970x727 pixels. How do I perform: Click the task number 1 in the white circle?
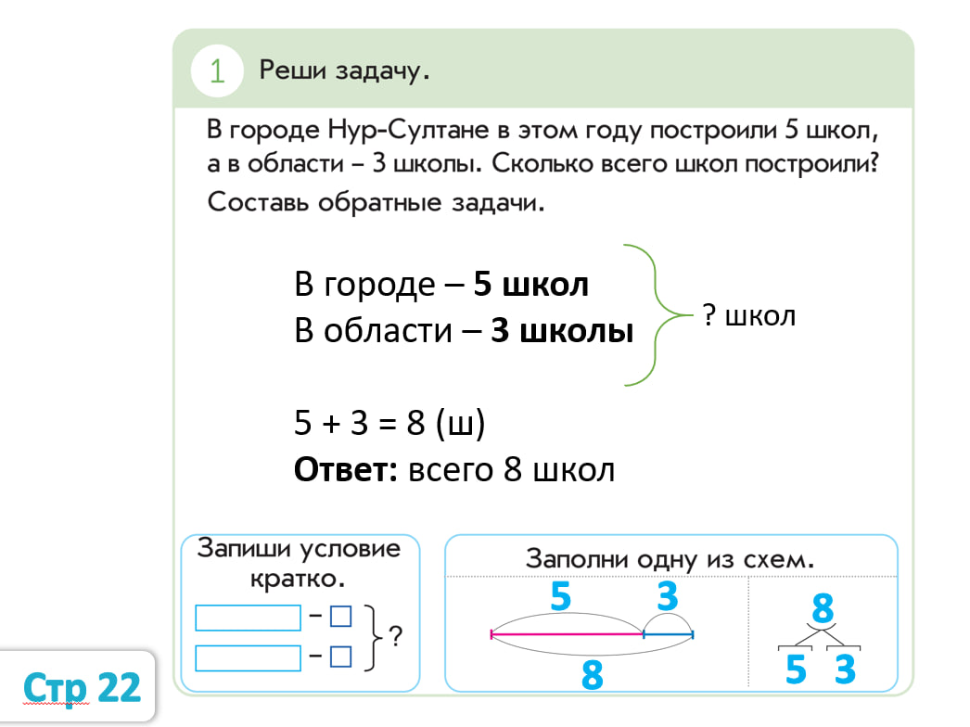coord(217,71)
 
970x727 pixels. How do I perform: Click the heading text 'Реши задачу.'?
coord(344,70)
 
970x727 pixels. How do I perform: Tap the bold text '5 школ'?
coord(530,285)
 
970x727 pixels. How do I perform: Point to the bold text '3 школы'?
coord(562,331)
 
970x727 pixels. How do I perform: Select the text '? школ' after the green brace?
coord(748,315)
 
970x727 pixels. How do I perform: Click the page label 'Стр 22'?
coord(83,687)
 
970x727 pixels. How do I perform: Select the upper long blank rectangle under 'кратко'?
coord(248,618)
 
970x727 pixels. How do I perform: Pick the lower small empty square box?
coord(341,657)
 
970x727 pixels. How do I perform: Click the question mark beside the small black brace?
coord(396,637)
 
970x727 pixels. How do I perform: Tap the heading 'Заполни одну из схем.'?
coord(670,559)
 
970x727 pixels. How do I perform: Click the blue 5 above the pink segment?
coord(560,596)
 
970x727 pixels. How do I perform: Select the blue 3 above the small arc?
coord(668,596)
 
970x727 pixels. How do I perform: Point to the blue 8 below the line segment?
coord(592,674)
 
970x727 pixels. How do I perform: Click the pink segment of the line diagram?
coord(567,634)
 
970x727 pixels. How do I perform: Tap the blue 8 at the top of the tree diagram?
coord(822,609)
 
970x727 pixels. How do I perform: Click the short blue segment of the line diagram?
coord(669,634)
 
